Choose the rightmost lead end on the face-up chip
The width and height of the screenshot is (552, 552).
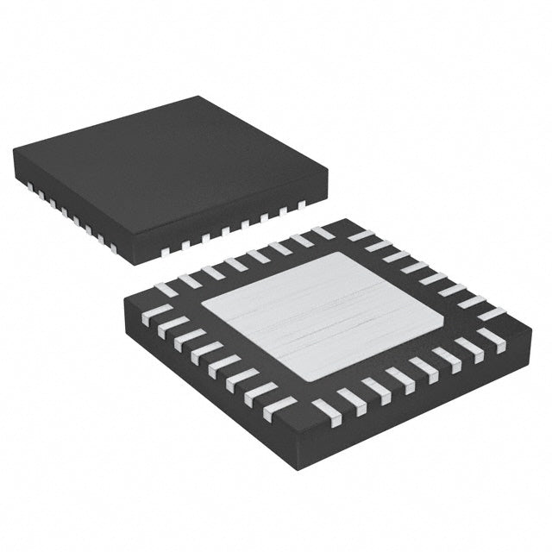coord(301,205)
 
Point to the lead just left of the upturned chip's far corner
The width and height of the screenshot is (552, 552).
coord(323,233)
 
